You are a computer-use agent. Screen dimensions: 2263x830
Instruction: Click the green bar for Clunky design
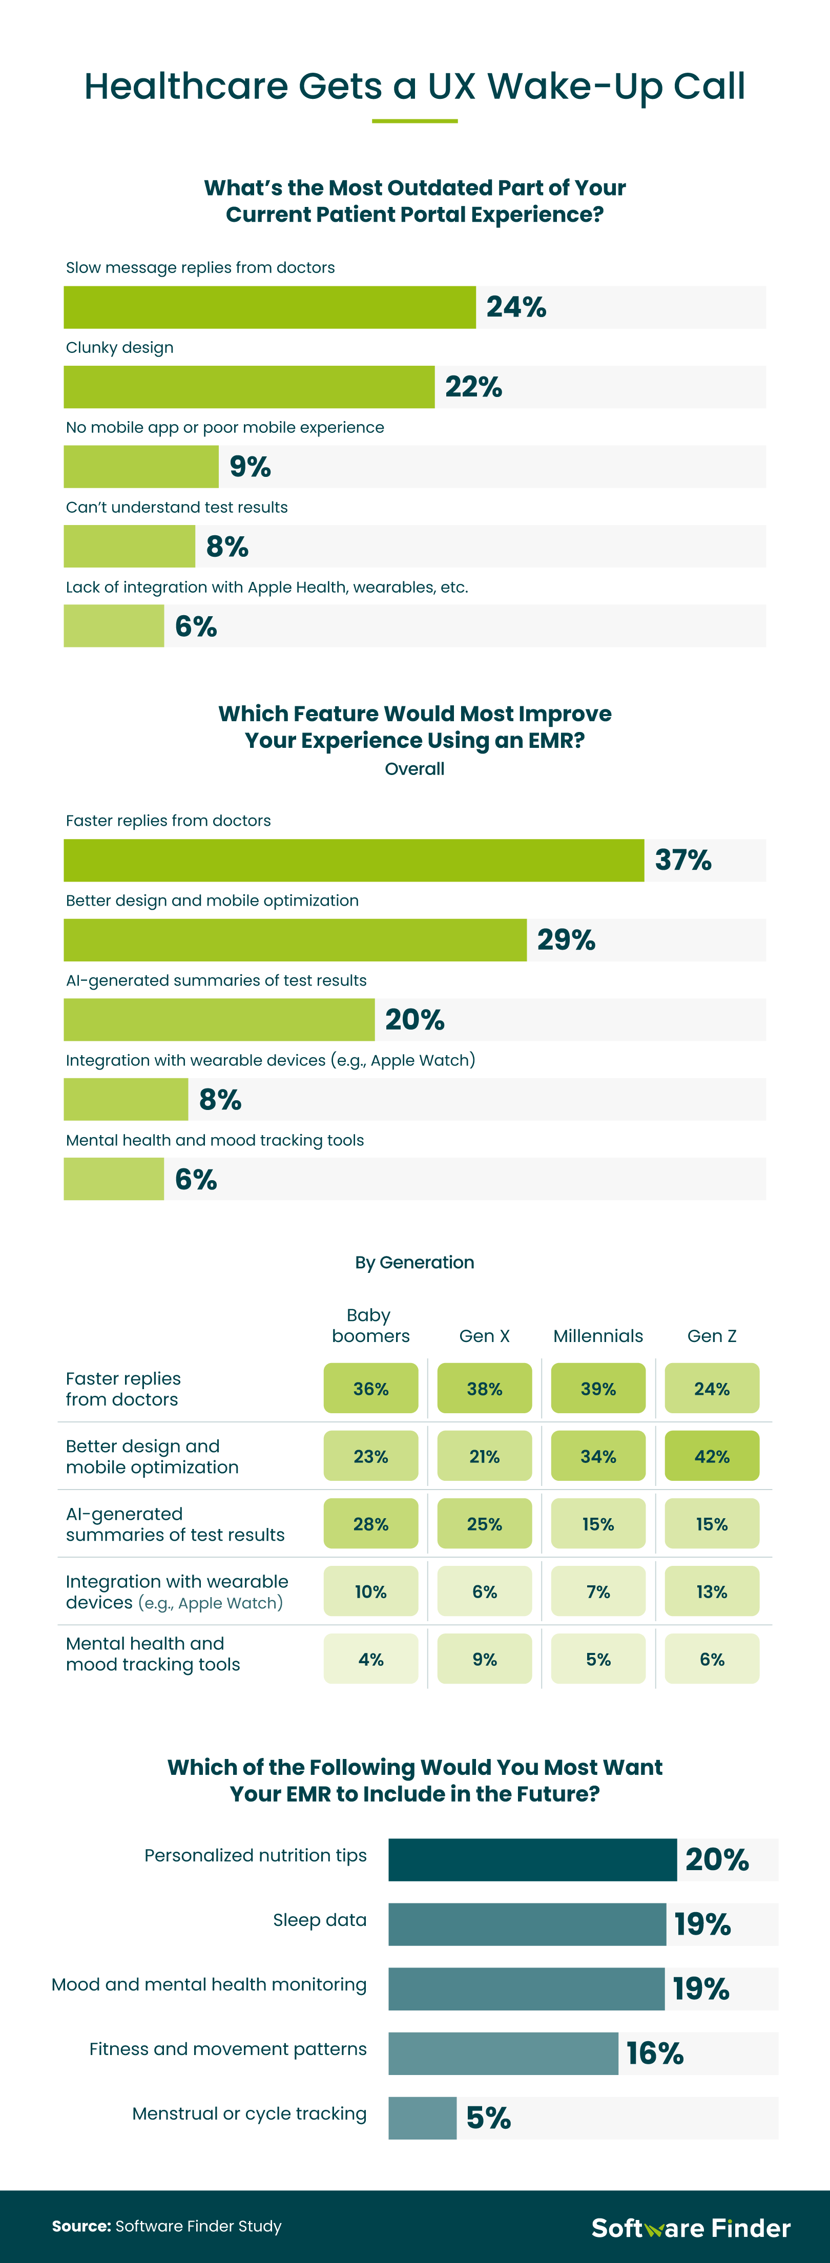pos(248,387)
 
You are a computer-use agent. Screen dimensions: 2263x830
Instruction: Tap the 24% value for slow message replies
pos(516,307)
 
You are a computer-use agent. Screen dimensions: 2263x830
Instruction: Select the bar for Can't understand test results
pos(129,547)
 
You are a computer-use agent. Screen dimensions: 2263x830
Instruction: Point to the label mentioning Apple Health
pos(266,587)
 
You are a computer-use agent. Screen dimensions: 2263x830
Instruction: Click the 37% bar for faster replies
pos(353,860)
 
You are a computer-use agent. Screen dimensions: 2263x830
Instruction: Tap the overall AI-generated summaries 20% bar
pos(219,1020)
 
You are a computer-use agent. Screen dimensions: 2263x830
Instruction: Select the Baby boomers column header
pos(370,1326)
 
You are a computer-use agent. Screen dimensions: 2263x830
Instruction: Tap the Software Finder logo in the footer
pos(690,2228)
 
